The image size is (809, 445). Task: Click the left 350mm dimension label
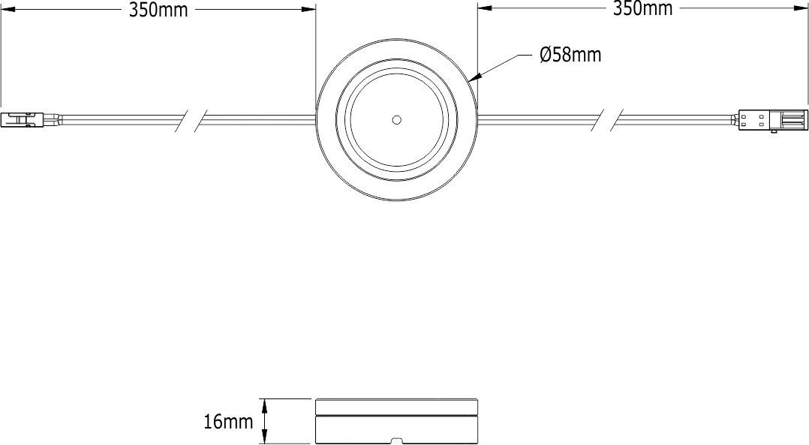(158, 10)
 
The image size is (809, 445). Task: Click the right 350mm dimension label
(643, 9)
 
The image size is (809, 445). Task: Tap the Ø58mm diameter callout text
(570, 55)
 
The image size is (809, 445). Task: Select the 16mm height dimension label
(228, 422)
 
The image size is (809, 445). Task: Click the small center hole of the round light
(396, 119)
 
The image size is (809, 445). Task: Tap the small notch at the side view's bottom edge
(395, 440)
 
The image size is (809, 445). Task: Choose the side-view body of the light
(396, 428)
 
